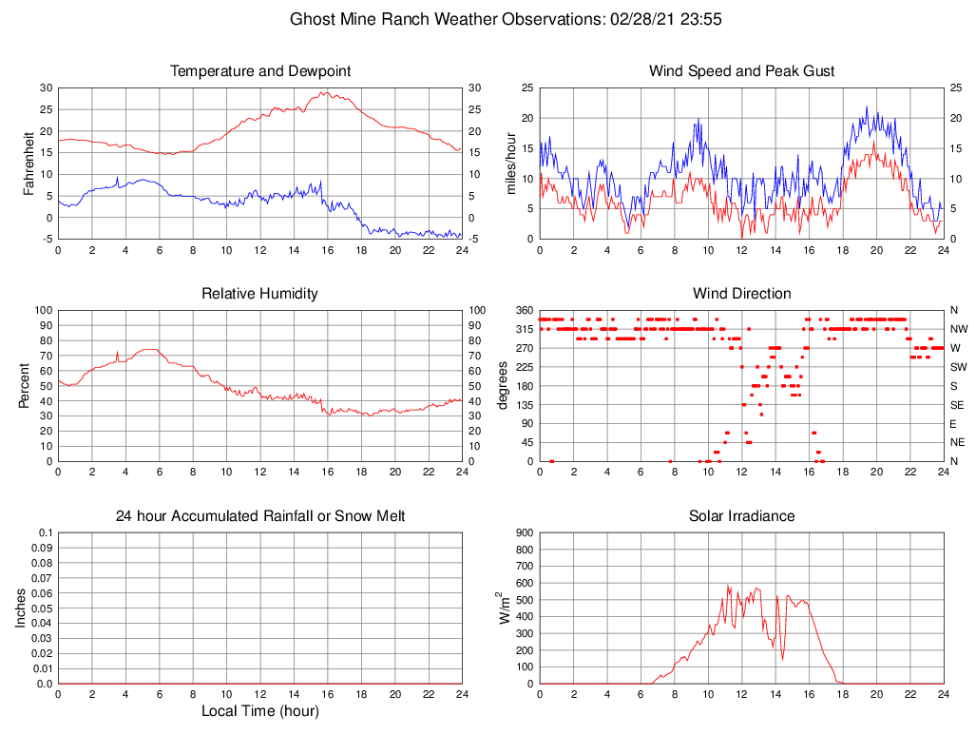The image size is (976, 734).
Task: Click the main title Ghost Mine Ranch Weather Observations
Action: pyautogui.click(x=509, y=19)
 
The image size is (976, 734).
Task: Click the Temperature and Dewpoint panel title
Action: pyautogui.click(x=259, y=71)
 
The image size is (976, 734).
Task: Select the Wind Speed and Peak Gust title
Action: pyautogui.click(x=741, y=71)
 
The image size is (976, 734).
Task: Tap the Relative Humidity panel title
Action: pyautogui.click(x=259, y=294)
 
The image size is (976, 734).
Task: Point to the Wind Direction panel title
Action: pyautogui.click(x=741, y=294)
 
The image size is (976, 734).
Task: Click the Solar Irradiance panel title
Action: pyautogui.click(x=741, y=516)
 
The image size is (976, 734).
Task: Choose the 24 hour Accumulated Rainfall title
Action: pyautogui.click(x=259, y=516)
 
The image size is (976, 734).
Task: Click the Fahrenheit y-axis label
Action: pyautogui.click(x=29, y=163)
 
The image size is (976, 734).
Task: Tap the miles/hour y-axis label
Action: pyautogui.click(x=510, y=163)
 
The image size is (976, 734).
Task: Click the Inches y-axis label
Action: pyautogui.click(x=21, y=608)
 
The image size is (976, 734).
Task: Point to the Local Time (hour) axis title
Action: pyautogui.click(x=259, y=711)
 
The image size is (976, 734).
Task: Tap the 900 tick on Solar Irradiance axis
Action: pyautogui.click(x=525, y=532)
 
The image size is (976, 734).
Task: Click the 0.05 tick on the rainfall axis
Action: pyautogui.click(x=42, y=608)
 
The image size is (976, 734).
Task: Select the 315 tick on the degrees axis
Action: pyautogui.click(x=525, y=329)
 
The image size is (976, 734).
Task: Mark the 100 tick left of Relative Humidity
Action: pyautogui.click(x=42, y=310)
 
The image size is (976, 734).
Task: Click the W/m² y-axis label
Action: pyautogui.click(x=505, y=608)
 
